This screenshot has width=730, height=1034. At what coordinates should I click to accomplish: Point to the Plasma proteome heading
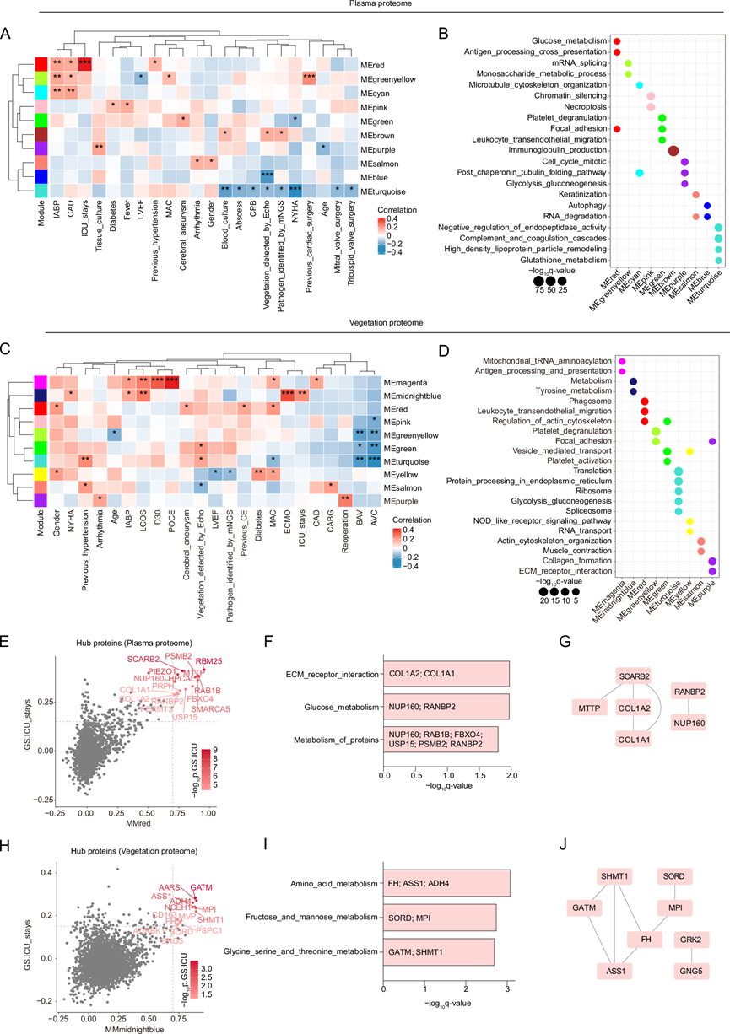coord(365,5)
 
